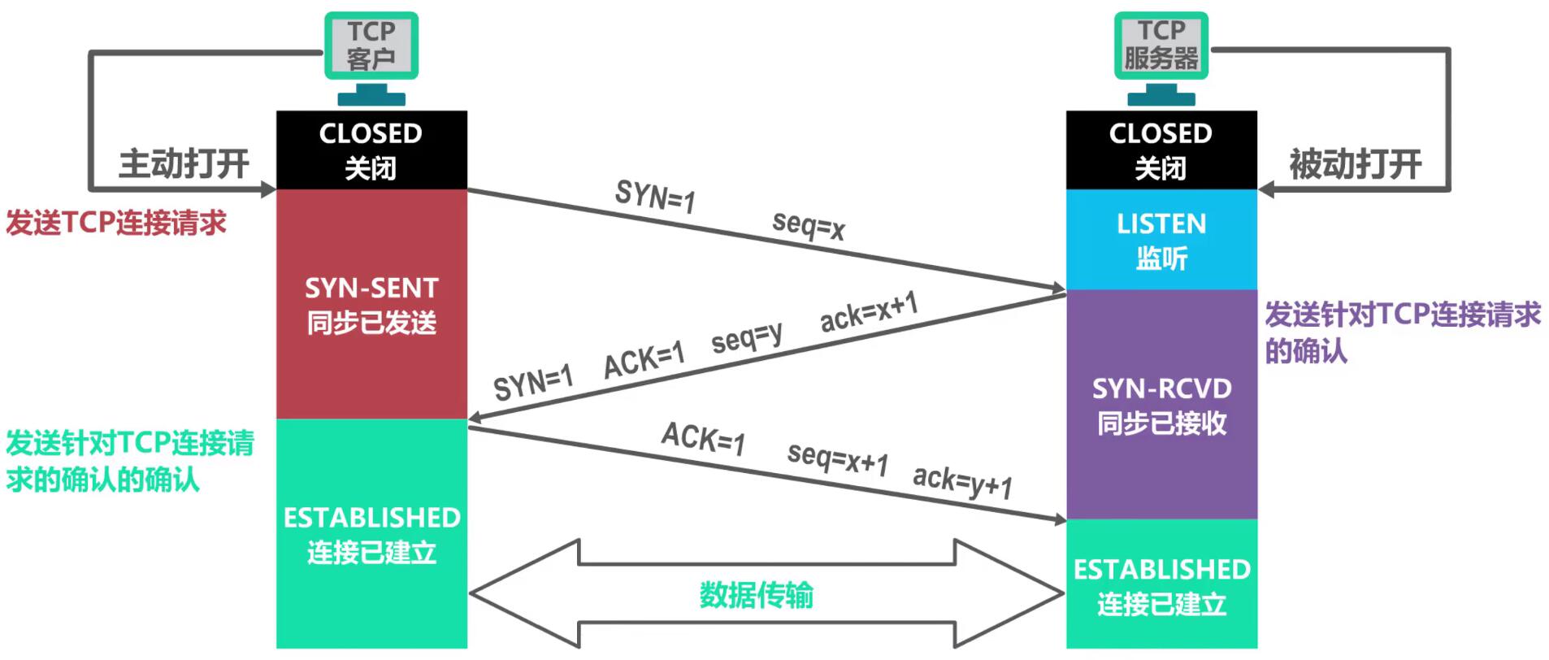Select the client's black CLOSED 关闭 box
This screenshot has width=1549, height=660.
pos(371,150)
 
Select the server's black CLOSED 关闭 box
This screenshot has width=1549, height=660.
pos(1161,150)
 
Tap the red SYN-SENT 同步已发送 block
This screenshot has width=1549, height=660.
pos(371,305)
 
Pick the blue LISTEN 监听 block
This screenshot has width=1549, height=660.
pos(1161,240)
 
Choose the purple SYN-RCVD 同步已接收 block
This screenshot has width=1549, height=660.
pos(1161,405)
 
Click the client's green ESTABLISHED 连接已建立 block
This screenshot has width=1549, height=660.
pos(371,534)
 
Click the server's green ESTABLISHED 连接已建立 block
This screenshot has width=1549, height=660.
pos(1161,585)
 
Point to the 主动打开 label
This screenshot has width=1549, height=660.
pos(184,163)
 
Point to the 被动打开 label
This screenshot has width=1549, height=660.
pos(1355,164)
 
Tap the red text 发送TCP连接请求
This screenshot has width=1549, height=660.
pos(116,223)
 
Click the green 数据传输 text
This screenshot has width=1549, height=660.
pos(756,596)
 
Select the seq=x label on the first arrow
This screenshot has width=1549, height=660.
pos(809,225)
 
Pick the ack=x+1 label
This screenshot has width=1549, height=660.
pos(869,312)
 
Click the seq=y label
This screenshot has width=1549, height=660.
pos(747,337)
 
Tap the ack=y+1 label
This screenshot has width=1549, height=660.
pos(963,480)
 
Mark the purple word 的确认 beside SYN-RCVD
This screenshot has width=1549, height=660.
pos(1306,351)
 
